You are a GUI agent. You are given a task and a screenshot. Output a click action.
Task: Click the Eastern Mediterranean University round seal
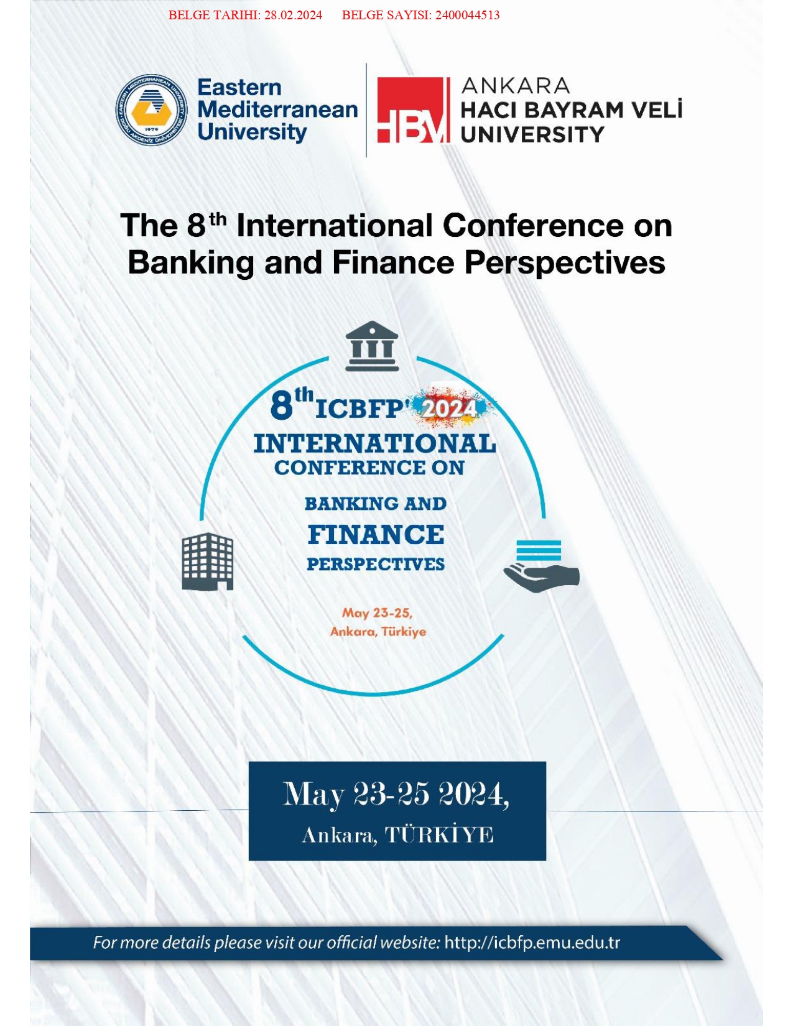pos(152,109)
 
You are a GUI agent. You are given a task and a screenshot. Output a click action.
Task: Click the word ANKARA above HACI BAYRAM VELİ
pos(515,86)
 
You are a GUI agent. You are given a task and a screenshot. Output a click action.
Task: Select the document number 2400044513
pos(467,15)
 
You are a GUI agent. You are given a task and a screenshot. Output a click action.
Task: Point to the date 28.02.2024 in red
pos(293,15)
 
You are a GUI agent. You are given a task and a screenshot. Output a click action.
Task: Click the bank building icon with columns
pos(372,346)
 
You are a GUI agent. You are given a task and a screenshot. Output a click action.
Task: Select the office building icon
pos(208,562)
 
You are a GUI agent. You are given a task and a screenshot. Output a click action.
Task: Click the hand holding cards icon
pos(541,566)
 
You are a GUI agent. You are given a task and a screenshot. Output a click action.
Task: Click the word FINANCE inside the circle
pos(376,535)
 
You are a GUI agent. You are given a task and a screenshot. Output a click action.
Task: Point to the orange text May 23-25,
pos(378,613)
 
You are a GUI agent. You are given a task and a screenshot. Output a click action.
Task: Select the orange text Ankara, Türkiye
pos(378,632)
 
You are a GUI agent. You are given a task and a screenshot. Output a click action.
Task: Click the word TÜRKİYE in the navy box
pos(439,835)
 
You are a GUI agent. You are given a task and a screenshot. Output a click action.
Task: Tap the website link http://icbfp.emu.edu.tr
pos(532,943)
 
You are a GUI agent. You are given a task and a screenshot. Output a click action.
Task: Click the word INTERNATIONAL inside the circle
pos(375,444)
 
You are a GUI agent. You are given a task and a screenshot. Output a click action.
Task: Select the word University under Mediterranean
pos(253,132)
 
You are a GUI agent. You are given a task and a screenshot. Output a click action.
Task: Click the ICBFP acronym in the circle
pos(360,409)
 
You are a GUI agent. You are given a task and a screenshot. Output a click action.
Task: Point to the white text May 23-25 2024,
pos(396,795)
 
